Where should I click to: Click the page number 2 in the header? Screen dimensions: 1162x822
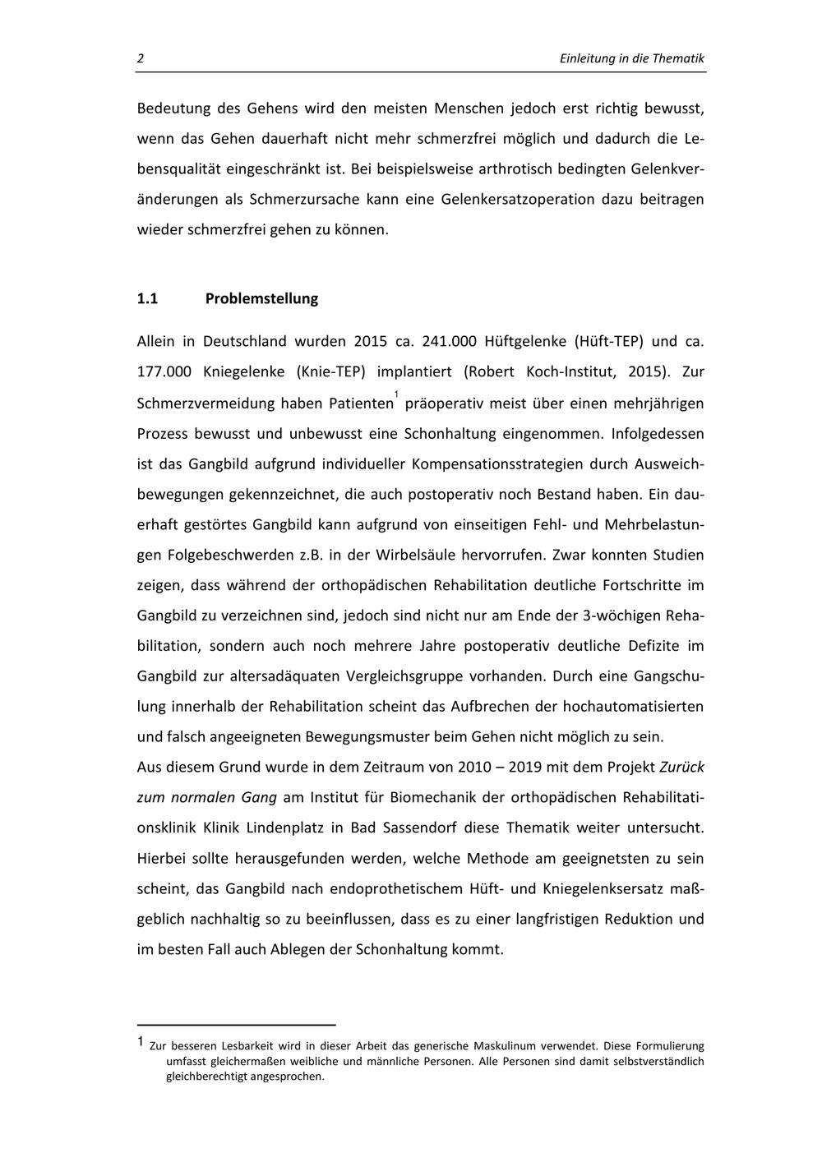click(141, 58)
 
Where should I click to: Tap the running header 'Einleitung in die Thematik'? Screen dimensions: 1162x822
click(631, 58)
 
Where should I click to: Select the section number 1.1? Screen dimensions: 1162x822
click(147, 298)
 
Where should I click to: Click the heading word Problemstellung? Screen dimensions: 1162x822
click(261, 298)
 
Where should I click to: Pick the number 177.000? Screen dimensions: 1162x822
click(164, 371)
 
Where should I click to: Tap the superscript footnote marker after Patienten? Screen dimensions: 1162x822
click(395, 395)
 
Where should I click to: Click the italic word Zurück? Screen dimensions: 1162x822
click(681, 768)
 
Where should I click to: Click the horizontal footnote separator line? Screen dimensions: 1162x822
click(237, 1025)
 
